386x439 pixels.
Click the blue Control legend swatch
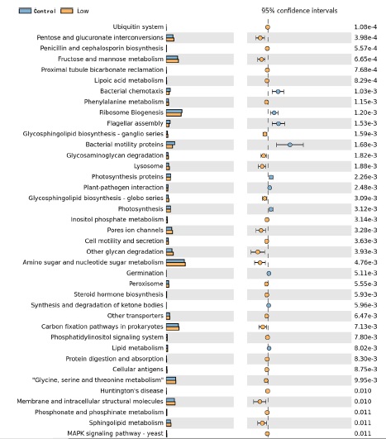[25, 11]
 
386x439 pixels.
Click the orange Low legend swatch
[67, 11]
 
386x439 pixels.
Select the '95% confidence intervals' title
[299, 11]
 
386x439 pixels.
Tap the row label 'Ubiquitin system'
[138, 27]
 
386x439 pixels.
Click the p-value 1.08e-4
[365, 27]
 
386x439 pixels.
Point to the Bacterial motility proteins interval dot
[290, 145]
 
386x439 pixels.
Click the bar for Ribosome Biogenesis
[174, 112]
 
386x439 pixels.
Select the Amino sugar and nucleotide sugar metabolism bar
[176, 262]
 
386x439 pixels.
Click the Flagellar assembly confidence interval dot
[279, 123]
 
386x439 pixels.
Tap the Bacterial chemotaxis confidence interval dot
[278, 92]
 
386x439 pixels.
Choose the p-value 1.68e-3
[365, 145]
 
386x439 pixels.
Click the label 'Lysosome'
[148, 166]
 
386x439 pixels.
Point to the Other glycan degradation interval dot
[258, 252]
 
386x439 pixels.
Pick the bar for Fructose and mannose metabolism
[173, 59]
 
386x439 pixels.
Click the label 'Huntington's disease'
[131, 390]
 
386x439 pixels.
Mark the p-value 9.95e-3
[365, 380]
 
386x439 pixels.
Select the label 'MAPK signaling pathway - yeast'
[115, 433]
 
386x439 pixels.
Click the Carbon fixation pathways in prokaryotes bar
[173, 327]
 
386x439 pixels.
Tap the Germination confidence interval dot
[269, 274]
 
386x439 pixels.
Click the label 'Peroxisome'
[145, 284]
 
